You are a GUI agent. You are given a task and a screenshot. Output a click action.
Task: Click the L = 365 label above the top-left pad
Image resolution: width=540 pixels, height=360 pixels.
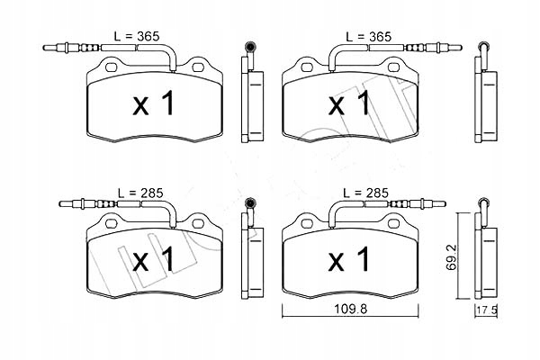[x=137, y=36]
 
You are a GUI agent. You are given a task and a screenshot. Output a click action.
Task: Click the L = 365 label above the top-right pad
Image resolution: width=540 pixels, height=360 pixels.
[x=368, y=36]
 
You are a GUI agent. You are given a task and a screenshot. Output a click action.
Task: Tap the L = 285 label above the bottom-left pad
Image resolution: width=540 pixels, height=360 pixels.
[x=140, y=193]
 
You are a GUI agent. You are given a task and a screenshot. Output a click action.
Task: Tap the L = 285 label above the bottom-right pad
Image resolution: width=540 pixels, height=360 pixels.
[x=365, y=193]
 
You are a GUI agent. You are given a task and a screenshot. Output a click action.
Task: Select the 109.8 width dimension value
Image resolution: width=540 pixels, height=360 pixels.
[x=351, y=309]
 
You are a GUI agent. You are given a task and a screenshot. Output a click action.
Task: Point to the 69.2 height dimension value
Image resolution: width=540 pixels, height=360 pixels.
[x=452, y=257]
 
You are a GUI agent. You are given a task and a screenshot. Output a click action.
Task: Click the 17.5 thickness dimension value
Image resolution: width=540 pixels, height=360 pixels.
[x=487, y=310]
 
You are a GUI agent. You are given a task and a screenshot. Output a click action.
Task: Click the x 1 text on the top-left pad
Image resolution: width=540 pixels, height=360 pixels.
[x=154, y=104]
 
